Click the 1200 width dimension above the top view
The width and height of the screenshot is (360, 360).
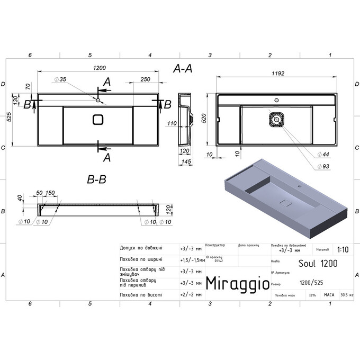click(100, 68)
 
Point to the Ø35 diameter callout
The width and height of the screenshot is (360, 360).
click(59, 79)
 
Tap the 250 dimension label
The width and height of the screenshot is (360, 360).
click(140, 79)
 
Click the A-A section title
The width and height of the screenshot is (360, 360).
click(183, 68)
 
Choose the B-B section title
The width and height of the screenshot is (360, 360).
click(96, 180)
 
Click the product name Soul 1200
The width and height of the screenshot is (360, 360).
click(316, 262)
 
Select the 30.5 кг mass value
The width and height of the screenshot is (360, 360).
click(347, 294)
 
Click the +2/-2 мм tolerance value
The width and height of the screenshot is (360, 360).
click(191, 294)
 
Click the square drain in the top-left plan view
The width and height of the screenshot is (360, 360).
click(98, 120)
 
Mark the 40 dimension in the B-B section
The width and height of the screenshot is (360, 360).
click(20, 198)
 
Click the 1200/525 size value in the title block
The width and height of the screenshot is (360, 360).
click(310, 283)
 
